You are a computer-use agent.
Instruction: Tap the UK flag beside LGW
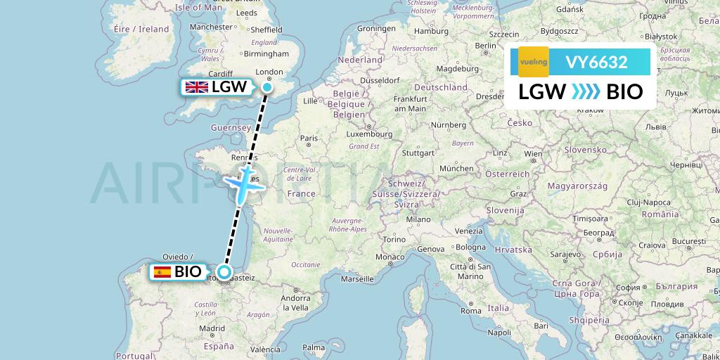coord(196,87)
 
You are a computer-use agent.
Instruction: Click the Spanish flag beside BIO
coord(162,272)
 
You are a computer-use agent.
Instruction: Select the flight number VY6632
coord(596,63)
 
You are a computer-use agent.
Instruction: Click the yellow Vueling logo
coord(533,62)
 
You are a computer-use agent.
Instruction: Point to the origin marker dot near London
coord(267,87)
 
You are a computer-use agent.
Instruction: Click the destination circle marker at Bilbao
coord(224,272)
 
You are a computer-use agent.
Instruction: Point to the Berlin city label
coord(485,46)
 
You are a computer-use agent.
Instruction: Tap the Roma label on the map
coord(471,311)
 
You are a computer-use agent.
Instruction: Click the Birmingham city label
coord(266,53)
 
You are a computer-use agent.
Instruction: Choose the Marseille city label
coord(356,278)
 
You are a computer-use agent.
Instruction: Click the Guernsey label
coord(231,128)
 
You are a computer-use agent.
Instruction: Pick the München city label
coord(456,169)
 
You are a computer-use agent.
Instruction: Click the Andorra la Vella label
coord(295,302)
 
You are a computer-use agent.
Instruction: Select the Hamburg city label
coord(432,32)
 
